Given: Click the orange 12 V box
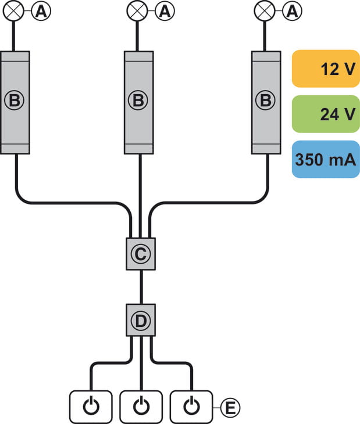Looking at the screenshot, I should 325,69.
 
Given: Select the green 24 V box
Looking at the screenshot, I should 325,114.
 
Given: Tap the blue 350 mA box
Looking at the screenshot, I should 325,159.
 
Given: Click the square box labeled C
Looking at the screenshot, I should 140,253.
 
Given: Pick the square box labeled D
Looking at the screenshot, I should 141,320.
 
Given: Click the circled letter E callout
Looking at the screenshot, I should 230,407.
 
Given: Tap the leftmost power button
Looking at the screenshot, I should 90,406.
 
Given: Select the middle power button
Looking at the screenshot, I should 140,406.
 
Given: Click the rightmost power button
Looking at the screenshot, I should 191,406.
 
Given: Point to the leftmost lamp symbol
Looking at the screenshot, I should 15,10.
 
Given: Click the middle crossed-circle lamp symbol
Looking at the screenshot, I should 138,10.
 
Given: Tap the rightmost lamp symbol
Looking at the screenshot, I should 266,10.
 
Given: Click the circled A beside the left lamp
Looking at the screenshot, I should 41,10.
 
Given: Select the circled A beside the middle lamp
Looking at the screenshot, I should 166,10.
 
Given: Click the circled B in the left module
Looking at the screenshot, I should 15,100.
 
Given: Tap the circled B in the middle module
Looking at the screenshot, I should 138,100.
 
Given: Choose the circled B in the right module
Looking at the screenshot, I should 266,100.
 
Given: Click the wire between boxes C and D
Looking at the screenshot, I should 141,287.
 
